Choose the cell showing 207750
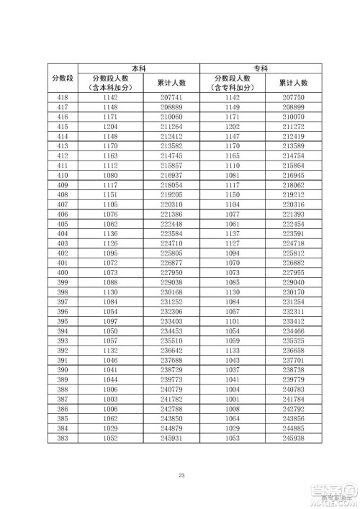tap(293, 97)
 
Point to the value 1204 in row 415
tap(110, 127)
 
